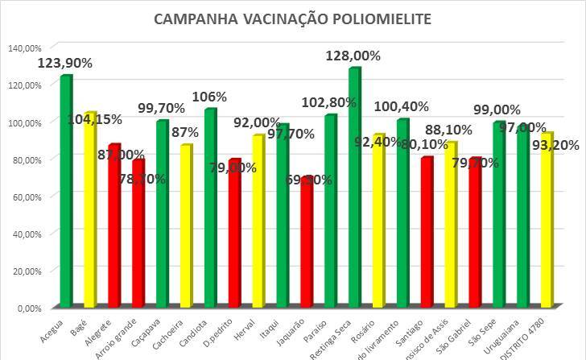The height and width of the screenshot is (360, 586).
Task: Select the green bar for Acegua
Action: pyautogui.click(x=66, y=193)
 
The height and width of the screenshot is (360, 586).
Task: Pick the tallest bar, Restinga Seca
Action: pyautogui.click(x=354, y=189)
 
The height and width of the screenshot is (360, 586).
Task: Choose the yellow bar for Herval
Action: pyautogui.click(x=258, y=222)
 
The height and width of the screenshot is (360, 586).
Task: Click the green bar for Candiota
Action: pyautogui.click(x=210, y=209)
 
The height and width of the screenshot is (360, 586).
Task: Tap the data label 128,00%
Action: pyautogui.click(x=353, y=56)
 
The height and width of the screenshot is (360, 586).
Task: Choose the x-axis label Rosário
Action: pyautogui.click(x=375, y=325)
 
